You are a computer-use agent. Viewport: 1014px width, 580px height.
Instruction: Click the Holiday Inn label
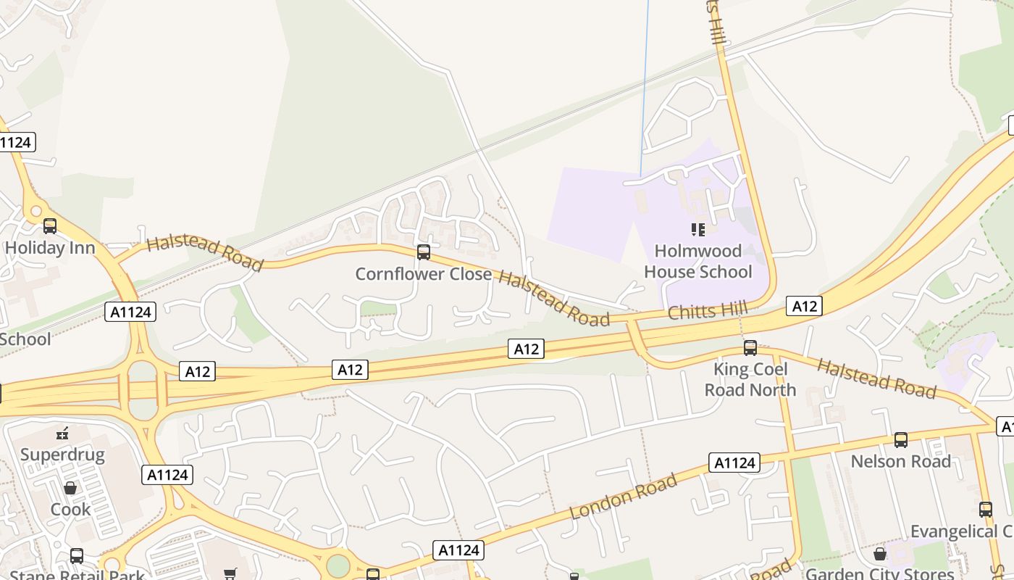[x=49, y=248]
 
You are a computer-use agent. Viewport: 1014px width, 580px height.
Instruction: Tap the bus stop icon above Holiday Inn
[x=50, y=226]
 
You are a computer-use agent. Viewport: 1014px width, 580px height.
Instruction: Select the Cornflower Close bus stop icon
[x=424, y=252]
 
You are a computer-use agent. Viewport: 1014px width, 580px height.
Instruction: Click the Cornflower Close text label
[x=424, y=274]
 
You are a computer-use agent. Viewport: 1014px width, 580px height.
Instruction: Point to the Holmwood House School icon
[x=698, y=230]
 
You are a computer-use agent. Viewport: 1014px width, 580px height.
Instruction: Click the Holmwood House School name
[x=698, y=262]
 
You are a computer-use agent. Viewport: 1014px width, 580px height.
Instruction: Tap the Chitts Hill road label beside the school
[x=707, y=312]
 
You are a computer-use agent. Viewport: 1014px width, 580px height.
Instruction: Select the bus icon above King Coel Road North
[x=750, y=348]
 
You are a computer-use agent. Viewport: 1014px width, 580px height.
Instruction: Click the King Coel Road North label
[x=750, y=379]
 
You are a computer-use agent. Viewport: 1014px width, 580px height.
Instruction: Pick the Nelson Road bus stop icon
[x=901, y=440]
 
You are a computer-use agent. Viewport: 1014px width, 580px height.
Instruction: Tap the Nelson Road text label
[x=901, y=462]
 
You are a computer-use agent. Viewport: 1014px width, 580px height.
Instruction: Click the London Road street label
[x=624, y=497]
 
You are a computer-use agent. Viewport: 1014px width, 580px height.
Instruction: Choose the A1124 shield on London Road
[x=735, y=463]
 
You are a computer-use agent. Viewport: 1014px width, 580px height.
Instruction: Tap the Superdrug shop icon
[x=62, y=434]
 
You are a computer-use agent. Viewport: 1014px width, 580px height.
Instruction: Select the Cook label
[x=70, y=510]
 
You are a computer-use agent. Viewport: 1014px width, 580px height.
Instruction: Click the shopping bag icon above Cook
[x=70, y=489]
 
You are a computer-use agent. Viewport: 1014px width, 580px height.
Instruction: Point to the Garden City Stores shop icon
[x=880, y=554]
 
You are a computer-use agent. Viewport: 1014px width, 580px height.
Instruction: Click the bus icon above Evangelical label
[x=986, y=510]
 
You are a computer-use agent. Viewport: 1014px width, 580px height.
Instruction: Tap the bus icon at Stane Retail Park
[x=77, y=556]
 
